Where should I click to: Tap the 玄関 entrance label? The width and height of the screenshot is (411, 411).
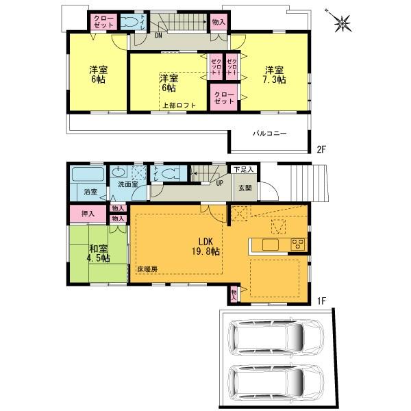click(245, 188)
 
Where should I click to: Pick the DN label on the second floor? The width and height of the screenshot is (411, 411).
click(158, 35)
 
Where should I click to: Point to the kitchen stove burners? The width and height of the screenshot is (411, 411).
click(299, 243)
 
